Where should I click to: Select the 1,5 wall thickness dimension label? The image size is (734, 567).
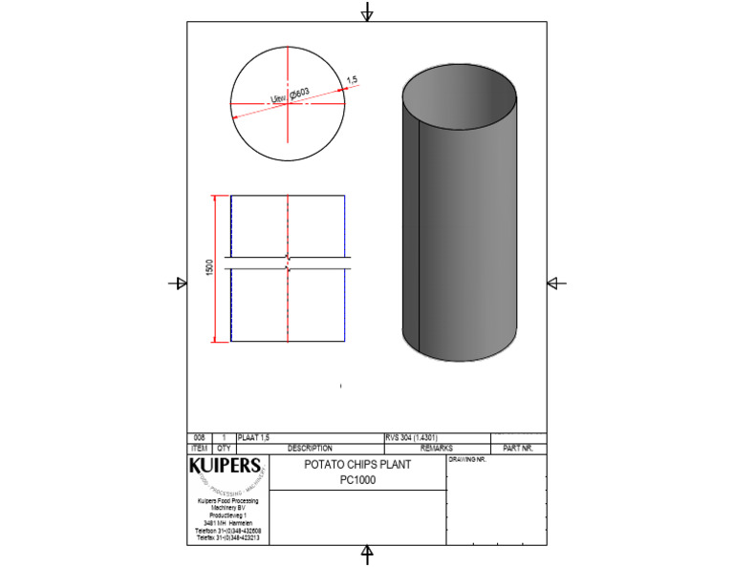(x=351, y=79)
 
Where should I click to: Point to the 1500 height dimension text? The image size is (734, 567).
(x=210, y=268)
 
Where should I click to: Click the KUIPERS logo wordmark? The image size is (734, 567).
(x=225, y=467)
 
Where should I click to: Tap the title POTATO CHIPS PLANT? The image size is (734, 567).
(x=357, y=466)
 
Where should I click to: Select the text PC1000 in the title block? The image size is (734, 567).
(x=357, y=481)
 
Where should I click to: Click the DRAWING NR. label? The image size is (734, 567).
(x=467, y=460)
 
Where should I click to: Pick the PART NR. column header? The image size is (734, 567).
(x=517, y=448)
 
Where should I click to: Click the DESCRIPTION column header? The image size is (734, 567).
(x=310, y=448)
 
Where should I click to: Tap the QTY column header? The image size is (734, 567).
(x=224, y=448)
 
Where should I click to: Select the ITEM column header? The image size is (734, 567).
(x=199, y=448)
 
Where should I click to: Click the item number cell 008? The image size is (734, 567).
(x=199, y=437)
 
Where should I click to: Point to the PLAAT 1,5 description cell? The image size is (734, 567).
(x=253, y=437)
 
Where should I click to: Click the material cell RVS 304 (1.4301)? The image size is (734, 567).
(x=412, y=437)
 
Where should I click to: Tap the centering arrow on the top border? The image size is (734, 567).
(x=367, y=12)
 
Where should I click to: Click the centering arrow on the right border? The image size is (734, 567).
(x=556, y=283)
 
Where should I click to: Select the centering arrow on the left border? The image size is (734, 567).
(x=178, y=283)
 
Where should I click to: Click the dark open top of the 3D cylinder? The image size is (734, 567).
(x=459, y=95)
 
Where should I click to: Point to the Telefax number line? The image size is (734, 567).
(x=228, y=537)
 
